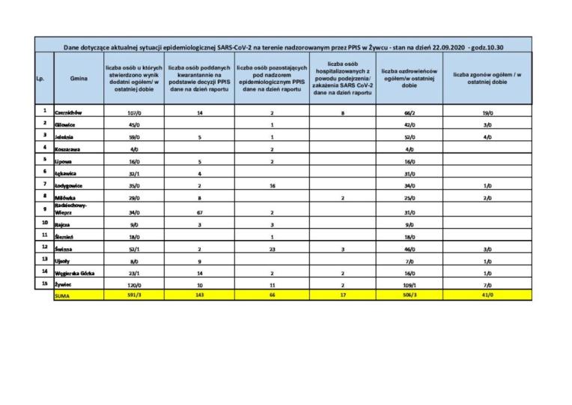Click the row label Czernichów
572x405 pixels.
[x=68, y=112]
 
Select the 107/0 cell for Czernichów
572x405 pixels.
[x=136, y=112]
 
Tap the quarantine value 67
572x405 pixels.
[x=200, y=211]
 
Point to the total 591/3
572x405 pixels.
[x=136, y=296]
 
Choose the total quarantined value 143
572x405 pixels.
[x=200, y=296]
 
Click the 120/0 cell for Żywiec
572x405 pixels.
[x=136, y=286]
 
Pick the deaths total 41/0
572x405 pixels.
[x=487, y=296]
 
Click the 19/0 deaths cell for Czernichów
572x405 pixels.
[x=487, y=112]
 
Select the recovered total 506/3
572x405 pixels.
[x=410, y=296]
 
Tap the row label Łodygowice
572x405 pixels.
[x=70, y=184]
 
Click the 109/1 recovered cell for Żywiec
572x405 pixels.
[x=410, y=286]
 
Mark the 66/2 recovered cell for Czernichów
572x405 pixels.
[x=410, y=112]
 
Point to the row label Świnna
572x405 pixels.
[x=64, y=247]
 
